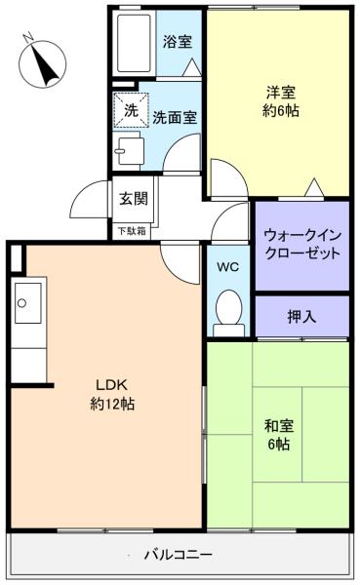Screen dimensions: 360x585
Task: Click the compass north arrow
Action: pyautogui.click(x=44, y=64)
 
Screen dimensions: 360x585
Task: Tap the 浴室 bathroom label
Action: pyautogui.click(x=178, y=41)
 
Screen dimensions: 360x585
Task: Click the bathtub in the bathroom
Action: pyautogui.click(x=134, y=43)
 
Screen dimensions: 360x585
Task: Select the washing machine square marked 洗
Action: pyautogui.click(x=131, y=110)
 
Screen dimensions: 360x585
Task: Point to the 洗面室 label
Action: pyautogui.click(x=175, y=118)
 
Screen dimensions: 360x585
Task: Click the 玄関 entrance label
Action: pyautogui.click(x=134, y=199)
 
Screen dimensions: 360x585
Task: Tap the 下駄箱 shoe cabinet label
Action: pyautogui.click(x=132, y=231)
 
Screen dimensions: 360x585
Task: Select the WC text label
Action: pyautogui.click(x=227, y=267)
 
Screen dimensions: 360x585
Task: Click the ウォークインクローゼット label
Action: pyautogui.click(x=302, y=245)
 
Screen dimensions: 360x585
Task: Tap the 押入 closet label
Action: pyautogui.click(x=301, y=317)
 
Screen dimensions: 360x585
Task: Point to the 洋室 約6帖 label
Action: pyautogui.click(x=281, y=101)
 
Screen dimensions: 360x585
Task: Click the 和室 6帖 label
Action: pyautogui.click(x=279, y=435)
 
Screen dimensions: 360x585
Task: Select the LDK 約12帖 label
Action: pyautogui.click(x=112, y=394)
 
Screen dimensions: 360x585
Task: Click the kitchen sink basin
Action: pyautogui.click(x=28, y=302)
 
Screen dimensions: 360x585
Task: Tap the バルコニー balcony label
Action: pyautogui.click(x=179, y=555)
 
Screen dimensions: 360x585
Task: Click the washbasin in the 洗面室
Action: pyautogui.click(x=129, y=151)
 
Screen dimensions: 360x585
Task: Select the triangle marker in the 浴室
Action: pyautogui.click(x=193, y=67)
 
